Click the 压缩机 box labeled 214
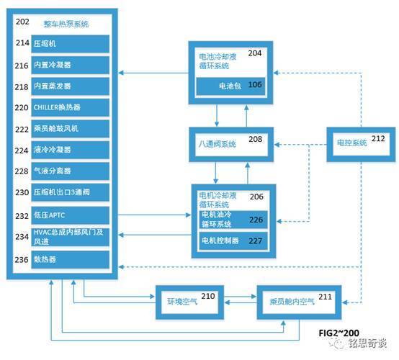[x=71, y=44]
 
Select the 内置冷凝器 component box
[x=71, y=65]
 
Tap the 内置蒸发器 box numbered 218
[x=71, y=86]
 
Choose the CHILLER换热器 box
[x=71, y=107]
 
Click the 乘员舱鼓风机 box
[x=71, y=129]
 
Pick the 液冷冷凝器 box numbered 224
[x=71, y=150]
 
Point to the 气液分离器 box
[x=71, y=171]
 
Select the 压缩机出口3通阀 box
[x=71, y=192]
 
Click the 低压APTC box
[x=71, y=215]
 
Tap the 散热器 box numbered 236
[x=71, y=259]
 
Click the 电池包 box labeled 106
[x=230, y=86]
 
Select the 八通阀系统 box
[x=231, y=144]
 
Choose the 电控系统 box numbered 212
[x=361, y=144]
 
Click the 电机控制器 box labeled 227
[x=233, y=240]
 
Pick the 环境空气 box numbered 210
[x=190, y=302]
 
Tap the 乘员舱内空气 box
[x=299, y=302]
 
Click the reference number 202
[x=22, y=22]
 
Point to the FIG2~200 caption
[x=339, y=333]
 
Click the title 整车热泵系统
[x=66, y=24]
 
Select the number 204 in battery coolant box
[x=255, y=53]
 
